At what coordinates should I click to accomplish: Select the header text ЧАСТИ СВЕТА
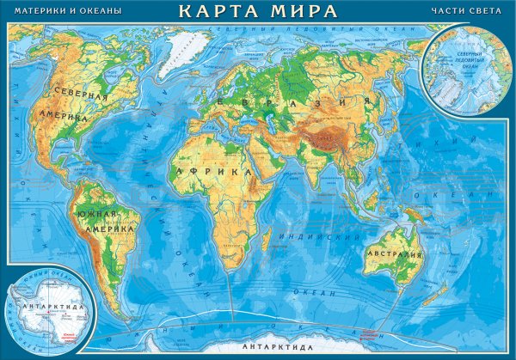click(464, 11)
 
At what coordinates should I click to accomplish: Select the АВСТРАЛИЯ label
click(394, 255)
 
